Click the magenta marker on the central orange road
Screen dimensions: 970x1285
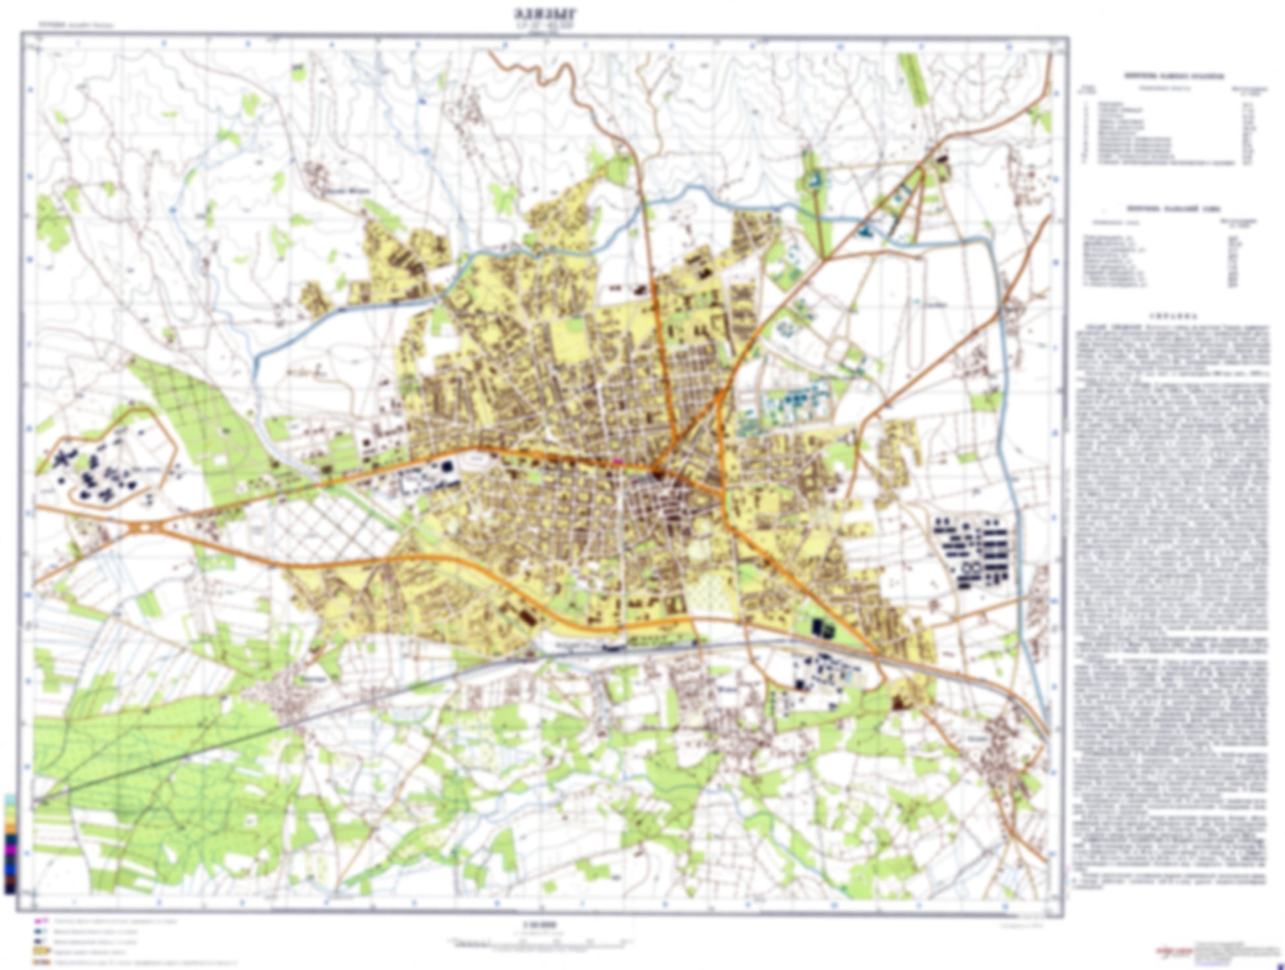pyautogui.click(x=618, y=461)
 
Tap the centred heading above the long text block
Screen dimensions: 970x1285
pyautogui.click(x=1173, y=316)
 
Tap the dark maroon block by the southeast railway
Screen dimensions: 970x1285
pyautogui.click(x=897, y=703)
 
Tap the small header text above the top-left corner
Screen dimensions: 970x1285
pyautogui.click(x=66, y=25)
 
